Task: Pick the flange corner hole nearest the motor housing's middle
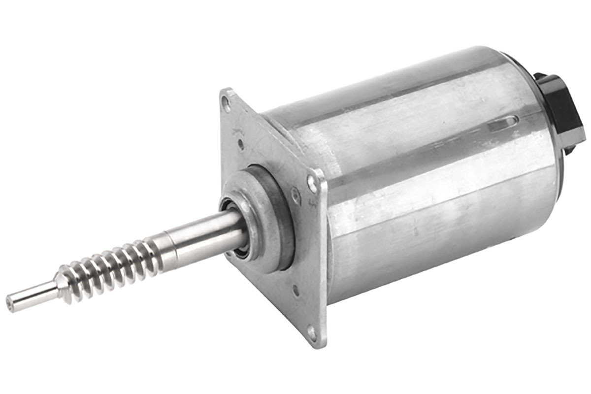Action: point(312,183)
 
